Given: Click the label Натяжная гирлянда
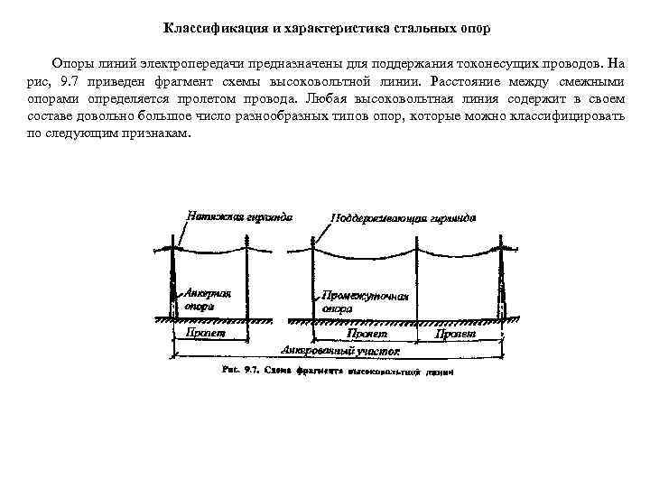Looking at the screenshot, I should [240, 216].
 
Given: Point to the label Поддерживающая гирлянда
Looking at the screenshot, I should [404, 218].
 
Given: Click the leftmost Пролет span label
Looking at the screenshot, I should [205, 333].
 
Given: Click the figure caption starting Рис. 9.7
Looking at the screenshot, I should [337, 370].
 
